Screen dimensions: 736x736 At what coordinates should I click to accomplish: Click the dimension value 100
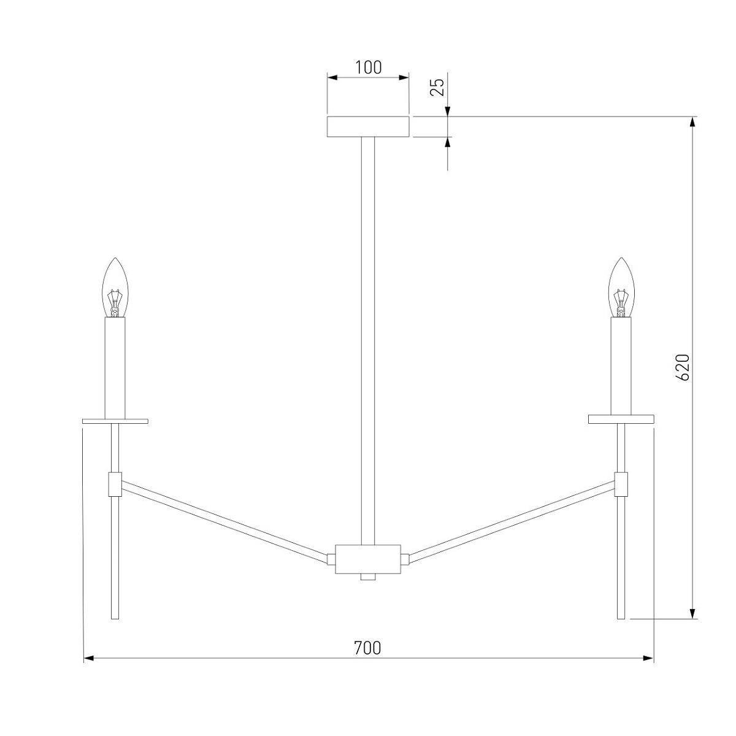[368, 67]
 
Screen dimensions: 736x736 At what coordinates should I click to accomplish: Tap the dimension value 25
[437, 87]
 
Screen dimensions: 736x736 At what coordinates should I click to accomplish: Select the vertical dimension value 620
[683, 367]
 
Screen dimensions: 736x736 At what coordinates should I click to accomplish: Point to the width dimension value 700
[367, 648]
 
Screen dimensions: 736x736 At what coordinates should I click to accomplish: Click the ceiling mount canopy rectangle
[368, 126]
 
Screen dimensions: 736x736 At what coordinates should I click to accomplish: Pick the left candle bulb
[115, 288]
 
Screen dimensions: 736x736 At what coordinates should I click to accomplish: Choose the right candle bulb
[621, 288]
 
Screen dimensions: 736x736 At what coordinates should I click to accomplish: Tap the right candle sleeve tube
[621, 366]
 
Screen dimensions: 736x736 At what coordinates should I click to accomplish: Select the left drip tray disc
[115, 421]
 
